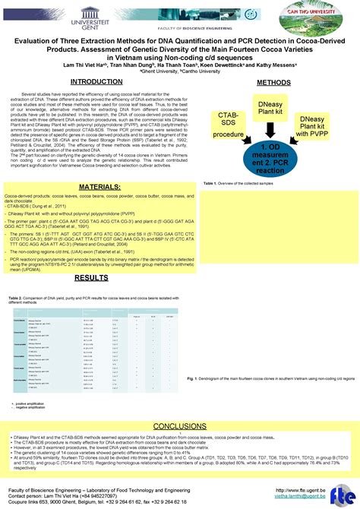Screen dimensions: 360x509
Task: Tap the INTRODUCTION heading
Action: coord(97,81)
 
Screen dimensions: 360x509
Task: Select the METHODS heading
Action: coord(273,82)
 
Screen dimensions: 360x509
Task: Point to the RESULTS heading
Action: coord(91,278)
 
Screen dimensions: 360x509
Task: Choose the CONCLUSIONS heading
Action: coord(180,426)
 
